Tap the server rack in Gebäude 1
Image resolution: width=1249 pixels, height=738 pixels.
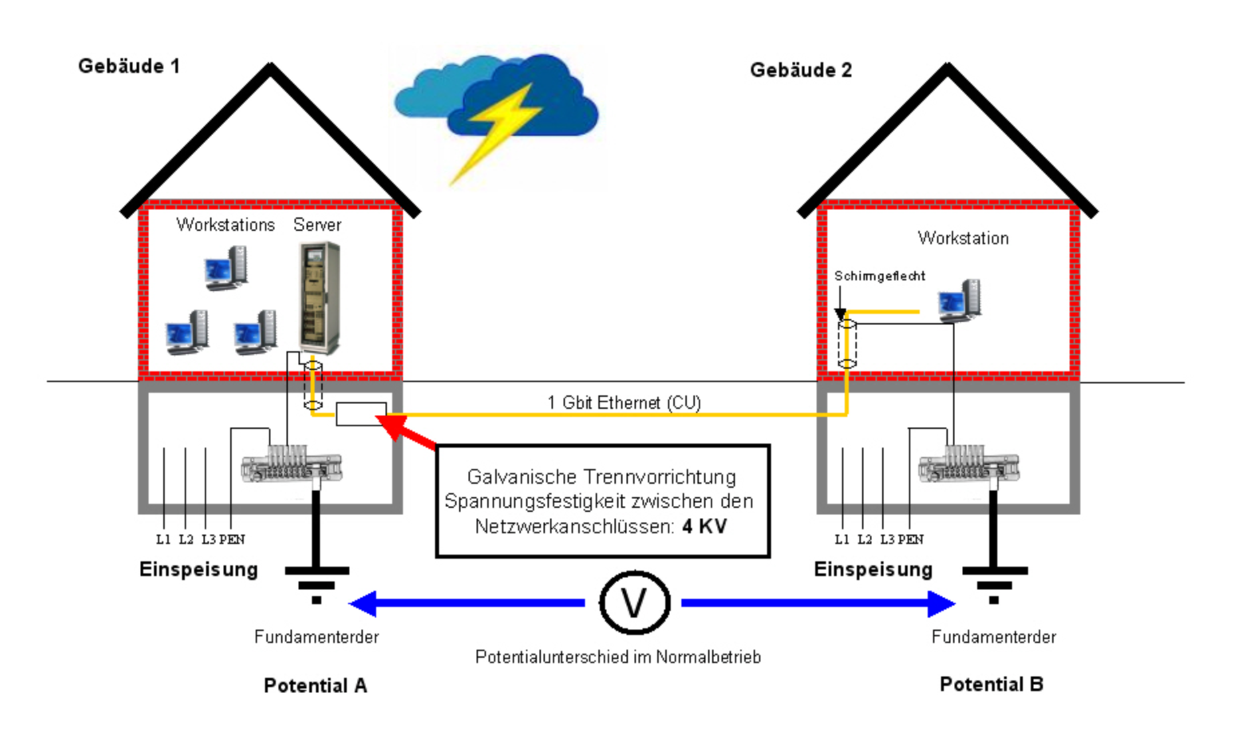click(319, 298)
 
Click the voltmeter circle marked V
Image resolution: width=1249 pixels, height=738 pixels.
click(634, 603)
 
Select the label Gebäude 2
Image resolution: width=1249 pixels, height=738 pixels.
click(801, 70)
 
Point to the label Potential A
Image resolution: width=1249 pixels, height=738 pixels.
click(315, 686)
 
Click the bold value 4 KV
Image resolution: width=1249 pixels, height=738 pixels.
click(704, 527)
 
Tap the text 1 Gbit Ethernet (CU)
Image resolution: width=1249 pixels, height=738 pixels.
click(624, 402)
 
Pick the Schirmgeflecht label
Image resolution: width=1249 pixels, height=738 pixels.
click(880, 276)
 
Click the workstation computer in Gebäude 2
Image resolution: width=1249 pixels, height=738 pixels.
click(960, 300)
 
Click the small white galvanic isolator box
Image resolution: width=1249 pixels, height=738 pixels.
click(361, 414)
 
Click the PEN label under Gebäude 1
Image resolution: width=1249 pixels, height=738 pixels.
click(232, 539)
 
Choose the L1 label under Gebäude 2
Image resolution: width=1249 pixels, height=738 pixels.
click(841, 539)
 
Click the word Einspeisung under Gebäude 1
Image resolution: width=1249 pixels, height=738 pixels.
click(198, 569)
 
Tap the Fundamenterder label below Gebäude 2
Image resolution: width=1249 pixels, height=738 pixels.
click(993, 637)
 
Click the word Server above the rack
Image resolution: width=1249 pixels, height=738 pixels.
click(317, 225)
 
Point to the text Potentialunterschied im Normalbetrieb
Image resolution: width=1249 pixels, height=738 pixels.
click(618, 657)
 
